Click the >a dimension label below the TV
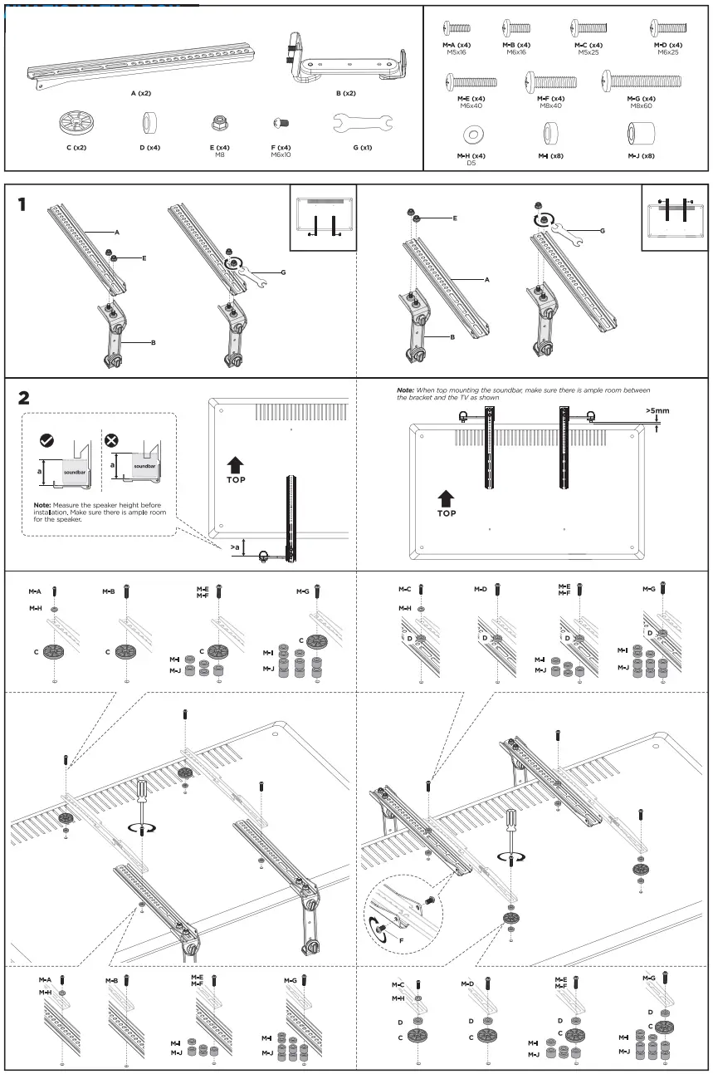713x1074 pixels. pos(237,548)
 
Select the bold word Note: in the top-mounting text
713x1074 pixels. pos(405,390)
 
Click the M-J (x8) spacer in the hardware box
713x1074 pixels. pos(642,133)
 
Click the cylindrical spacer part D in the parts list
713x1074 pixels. pos(150,123)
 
